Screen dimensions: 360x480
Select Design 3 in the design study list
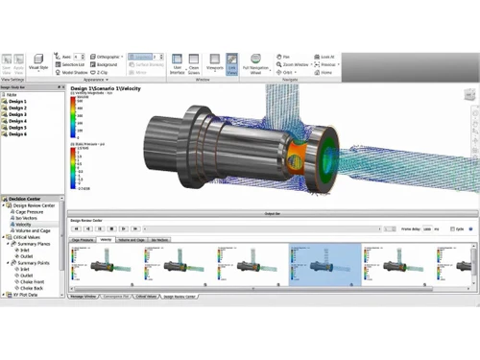(18, 115)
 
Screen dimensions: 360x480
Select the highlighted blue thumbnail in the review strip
(324, 265)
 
